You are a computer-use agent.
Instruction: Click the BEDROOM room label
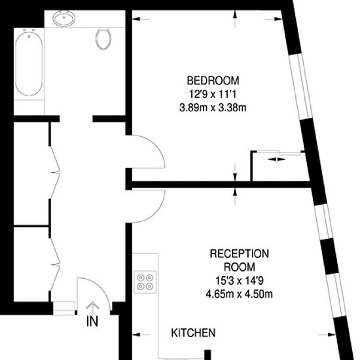(213, 81)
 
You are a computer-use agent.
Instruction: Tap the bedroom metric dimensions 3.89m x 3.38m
(213, 107)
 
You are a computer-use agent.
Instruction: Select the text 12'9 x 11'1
(213, 94)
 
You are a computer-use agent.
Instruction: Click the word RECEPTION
(239, 253)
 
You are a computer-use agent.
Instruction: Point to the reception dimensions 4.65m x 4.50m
(239, 294)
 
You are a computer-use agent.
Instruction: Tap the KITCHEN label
(193, 333)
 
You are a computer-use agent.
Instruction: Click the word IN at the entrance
(92, 321)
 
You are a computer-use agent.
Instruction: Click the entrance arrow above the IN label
(92, 308)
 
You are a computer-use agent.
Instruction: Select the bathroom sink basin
(64, 18)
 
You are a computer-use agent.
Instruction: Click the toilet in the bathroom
(103, 39)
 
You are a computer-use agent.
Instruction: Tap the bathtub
(29, 63)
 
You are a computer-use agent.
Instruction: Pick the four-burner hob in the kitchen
(145, 282)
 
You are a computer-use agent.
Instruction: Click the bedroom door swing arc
(158, 147)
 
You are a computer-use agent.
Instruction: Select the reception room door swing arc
(158, 211)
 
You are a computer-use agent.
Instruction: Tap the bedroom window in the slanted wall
(300, 87)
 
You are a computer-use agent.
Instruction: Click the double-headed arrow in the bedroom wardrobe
(276, 159)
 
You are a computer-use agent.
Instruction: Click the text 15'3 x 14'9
(239, 280)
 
